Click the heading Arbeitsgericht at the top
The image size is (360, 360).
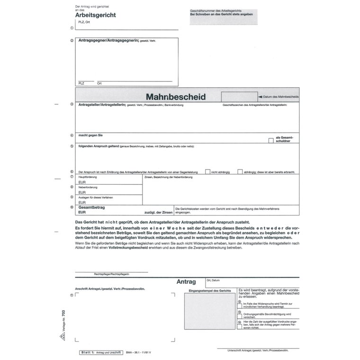[95, 15]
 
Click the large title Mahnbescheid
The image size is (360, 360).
[175, 97]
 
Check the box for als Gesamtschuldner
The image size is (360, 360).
[271, 140]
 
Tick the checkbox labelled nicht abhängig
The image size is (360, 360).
[207, 171]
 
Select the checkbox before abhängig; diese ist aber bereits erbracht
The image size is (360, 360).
[240, 171]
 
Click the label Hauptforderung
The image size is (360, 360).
[88, 176]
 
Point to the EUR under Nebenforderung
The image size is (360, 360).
[82, 192]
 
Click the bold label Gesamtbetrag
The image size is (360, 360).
[91, 207]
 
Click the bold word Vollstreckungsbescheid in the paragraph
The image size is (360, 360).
[127, 247]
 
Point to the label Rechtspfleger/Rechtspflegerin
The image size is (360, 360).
[112, 274]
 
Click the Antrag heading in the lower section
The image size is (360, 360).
[186, 281]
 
